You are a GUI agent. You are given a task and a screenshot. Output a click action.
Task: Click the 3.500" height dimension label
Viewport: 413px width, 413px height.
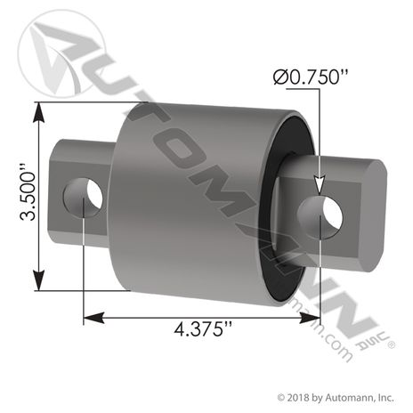pyautogui.click(x=28, y=196)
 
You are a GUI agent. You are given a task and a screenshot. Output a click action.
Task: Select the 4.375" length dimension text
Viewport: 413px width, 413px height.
pyautogui.click(x=203, y=329)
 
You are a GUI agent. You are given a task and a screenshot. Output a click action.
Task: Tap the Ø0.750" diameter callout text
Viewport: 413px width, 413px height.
pyautogui.click(x=310, y=77)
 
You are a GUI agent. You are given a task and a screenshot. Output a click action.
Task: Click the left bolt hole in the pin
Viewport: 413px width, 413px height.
pyautogui.click(x=83, y=198)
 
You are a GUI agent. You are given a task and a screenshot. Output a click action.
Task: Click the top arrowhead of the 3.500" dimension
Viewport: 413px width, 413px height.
pyautogui.click(x=39, y=112)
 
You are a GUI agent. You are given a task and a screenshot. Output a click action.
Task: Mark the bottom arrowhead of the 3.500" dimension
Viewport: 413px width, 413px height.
pyautogui.click(x=39, y=280)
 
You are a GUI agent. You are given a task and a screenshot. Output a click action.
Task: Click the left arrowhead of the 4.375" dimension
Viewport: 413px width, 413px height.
pyautogui.click(x=93, y=319)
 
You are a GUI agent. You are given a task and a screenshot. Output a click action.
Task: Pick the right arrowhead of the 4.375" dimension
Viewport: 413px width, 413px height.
pyautogui.click(x=310, y=319)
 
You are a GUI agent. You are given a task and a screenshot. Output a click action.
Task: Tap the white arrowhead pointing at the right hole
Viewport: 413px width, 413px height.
pyautogui.click(x=320, y=186)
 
